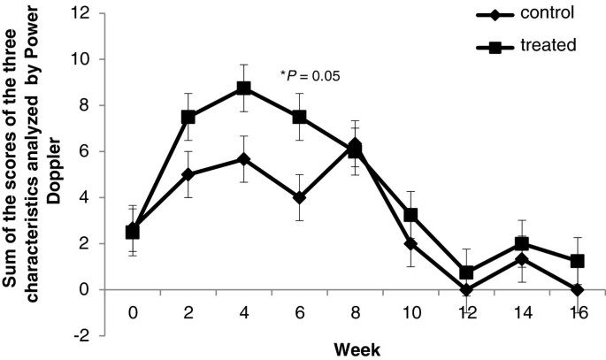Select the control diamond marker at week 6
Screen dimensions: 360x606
point(300,197)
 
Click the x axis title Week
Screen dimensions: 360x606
point(357,349)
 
